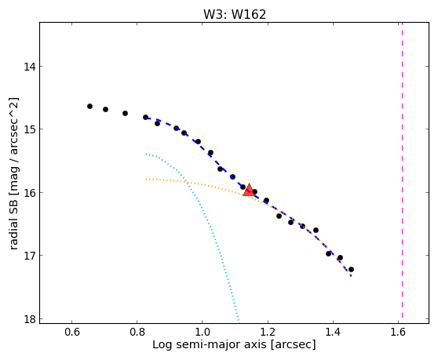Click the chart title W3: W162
coord(235,15)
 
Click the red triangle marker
coord(249,190)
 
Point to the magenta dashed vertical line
coord(402,170)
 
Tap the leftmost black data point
coord(89,107)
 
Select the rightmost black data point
coord(351,269)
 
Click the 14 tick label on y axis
coord(29,67)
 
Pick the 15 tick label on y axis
coord(29,129)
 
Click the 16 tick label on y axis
coord(29,193)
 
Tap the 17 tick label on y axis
coord(29,256)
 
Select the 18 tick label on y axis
coord(29,319)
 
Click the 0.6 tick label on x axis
coord(72,332)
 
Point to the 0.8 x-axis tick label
coord(137,332)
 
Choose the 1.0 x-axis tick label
coord(202,332)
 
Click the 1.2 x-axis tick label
coord(268,332)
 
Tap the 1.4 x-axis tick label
coord(333,332)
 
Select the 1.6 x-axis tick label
coord(398,332)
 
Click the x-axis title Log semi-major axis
coord(210,345)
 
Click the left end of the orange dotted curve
coord(146,179)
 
